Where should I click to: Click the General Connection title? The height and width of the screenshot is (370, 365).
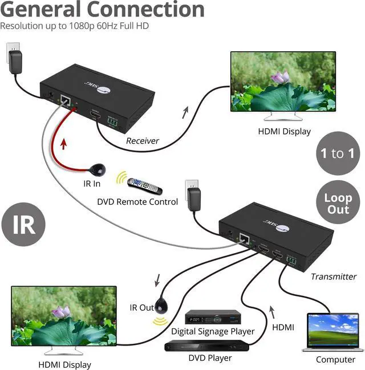point(103,10)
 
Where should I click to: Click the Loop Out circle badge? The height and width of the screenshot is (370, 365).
point(338,204)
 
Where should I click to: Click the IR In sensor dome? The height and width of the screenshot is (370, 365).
point(98,169)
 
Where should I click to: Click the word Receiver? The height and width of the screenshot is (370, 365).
point(142,141)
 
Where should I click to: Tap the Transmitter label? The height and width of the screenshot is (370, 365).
point(334,277)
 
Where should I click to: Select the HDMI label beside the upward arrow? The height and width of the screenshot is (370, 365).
point(283,327)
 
